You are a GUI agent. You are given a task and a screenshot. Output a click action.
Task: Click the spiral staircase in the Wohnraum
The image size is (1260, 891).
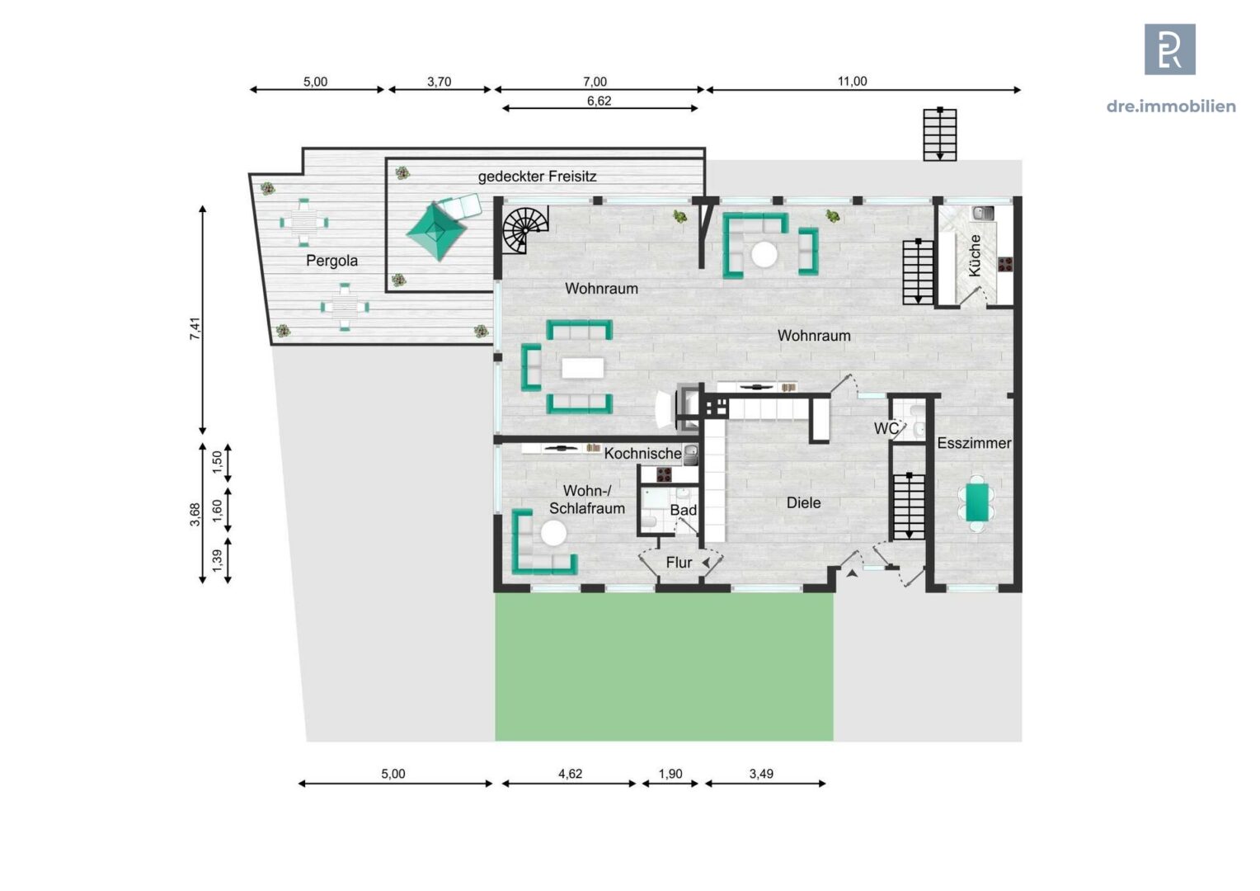524,230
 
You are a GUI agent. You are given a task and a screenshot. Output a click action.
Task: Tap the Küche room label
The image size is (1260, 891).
975,256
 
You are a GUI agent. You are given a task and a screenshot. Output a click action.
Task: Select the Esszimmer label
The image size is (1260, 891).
974,443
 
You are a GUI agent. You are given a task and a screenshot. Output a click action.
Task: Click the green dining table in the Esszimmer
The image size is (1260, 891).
977,502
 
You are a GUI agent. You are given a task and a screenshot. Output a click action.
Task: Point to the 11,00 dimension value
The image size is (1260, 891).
852,81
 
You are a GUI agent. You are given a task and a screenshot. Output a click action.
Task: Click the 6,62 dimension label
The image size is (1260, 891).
599,101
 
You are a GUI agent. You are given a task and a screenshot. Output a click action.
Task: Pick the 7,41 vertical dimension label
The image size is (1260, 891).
195,328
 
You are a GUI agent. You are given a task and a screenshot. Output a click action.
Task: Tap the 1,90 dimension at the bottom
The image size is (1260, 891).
670,774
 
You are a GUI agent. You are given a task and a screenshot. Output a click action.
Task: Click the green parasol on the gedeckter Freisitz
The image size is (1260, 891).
436,231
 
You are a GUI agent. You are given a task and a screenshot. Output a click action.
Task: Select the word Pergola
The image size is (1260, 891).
331,261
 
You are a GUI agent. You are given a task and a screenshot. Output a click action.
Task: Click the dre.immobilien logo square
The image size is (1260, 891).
1170,49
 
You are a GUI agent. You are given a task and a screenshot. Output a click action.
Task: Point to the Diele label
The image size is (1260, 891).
803,502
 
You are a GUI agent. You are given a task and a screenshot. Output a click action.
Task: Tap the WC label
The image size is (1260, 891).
886,429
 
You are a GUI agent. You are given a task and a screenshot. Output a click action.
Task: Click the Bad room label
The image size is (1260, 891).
684,510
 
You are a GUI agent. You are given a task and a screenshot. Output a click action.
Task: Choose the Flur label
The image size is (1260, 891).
679,563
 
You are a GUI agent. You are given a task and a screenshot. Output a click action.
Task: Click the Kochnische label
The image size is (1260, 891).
643,453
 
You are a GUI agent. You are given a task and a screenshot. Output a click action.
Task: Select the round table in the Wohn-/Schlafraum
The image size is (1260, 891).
553,533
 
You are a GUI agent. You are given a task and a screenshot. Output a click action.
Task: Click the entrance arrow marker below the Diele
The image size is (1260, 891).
852,573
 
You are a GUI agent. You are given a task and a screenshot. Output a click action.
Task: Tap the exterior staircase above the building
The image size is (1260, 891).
940,134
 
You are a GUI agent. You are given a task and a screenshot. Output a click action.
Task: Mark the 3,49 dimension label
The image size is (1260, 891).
761,774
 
